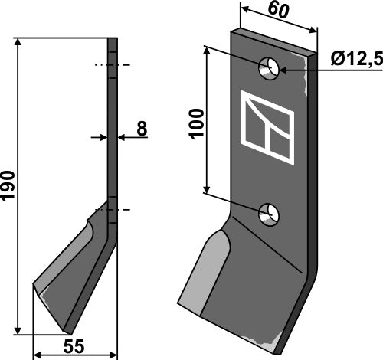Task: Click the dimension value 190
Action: (x=8, y=186)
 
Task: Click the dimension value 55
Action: (x=74, y=347)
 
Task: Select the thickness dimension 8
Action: (x=141, y=129)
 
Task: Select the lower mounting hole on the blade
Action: (x=268, y=215)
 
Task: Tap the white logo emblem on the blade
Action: (x=267, y=128)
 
